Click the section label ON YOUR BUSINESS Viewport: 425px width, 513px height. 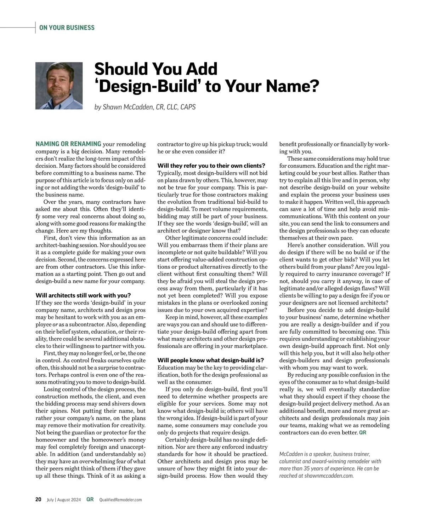click(x=67, y=28)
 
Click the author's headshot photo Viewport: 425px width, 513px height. click(x=59, y=86)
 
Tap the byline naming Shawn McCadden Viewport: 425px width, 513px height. click(x=145, y=107)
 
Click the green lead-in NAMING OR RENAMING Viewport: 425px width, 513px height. click(x=68, y=144)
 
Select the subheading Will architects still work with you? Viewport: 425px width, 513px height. click(x=83, y=295)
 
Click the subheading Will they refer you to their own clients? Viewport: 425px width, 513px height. click(x=211, y=166)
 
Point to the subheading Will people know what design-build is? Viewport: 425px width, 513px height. click(x=210, y=361)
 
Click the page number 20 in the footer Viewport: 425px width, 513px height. click(x=38, y=500)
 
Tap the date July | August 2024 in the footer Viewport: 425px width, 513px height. click(x=64, y=500)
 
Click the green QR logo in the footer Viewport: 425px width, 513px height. click(x=90, y=500)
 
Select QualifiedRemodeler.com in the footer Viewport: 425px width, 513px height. click(x=120, y=500)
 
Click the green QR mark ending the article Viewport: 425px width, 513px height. click(x=363, y=433)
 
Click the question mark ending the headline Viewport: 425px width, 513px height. click(x=314, y=86)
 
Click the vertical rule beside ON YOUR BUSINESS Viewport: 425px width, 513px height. click(x=35, y=28)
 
